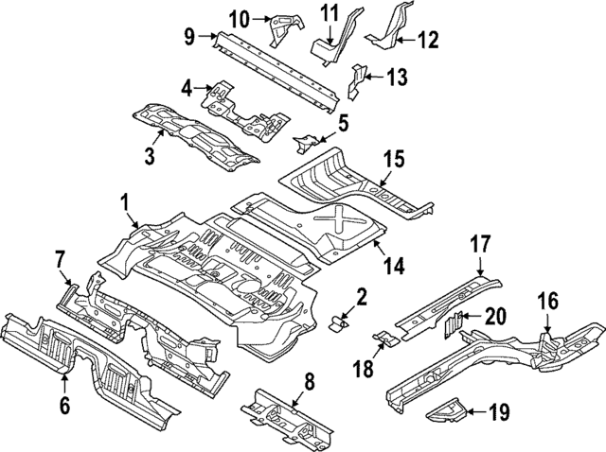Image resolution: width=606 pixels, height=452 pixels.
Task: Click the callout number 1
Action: pyautogui.click(x=124, y=201)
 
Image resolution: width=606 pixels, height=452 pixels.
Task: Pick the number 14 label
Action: pyautogui.click(x=392, y=267)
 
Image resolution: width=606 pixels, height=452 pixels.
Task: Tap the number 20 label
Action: pyautogui.click(x=494, y=316)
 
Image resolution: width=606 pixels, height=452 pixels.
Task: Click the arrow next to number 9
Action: pyautogui.click(x=207, y=37)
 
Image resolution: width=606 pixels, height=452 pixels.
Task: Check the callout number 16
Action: pyautogui.click(x=549, y=301)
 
